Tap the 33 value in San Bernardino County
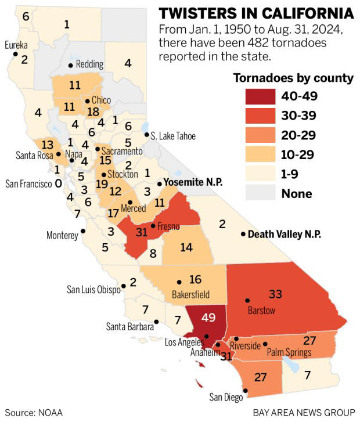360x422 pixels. point(275,294)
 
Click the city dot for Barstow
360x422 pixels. point(247,301)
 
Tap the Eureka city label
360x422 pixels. point(16,45)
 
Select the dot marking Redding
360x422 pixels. point(70,65)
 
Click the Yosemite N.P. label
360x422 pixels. point(193,182)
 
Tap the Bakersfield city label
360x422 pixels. point(190,294)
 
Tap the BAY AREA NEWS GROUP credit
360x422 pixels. point(303,413)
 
